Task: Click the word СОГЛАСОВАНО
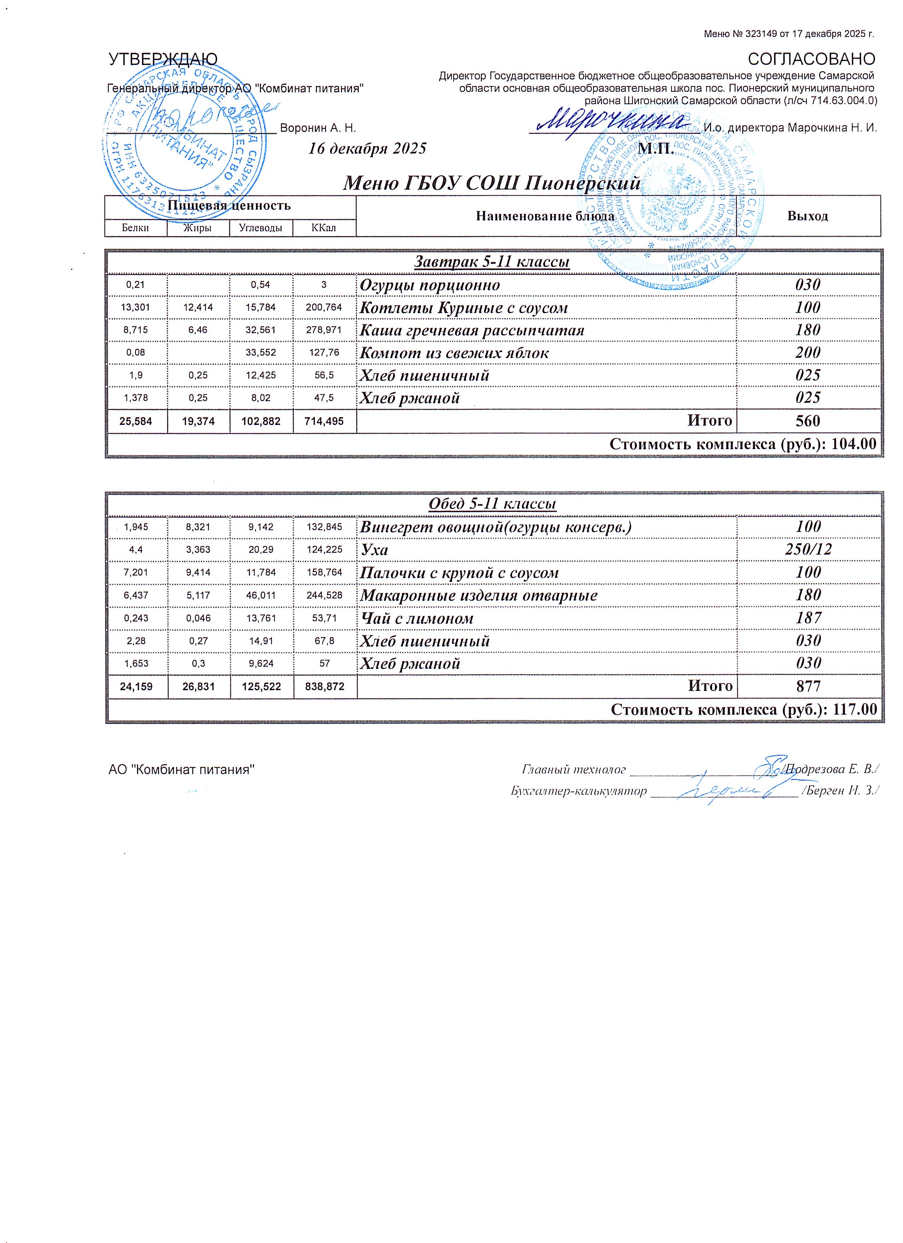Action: tap(812, 59)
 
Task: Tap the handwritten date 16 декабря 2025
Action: tap(367, 148)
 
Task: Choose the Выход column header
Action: tap(808, 216)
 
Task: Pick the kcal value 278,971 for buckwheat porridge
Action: tap(324, 330)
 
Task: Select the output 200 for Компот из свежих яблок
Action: tap(808, 352)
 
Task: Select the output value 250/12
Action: tap(808, 549)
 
